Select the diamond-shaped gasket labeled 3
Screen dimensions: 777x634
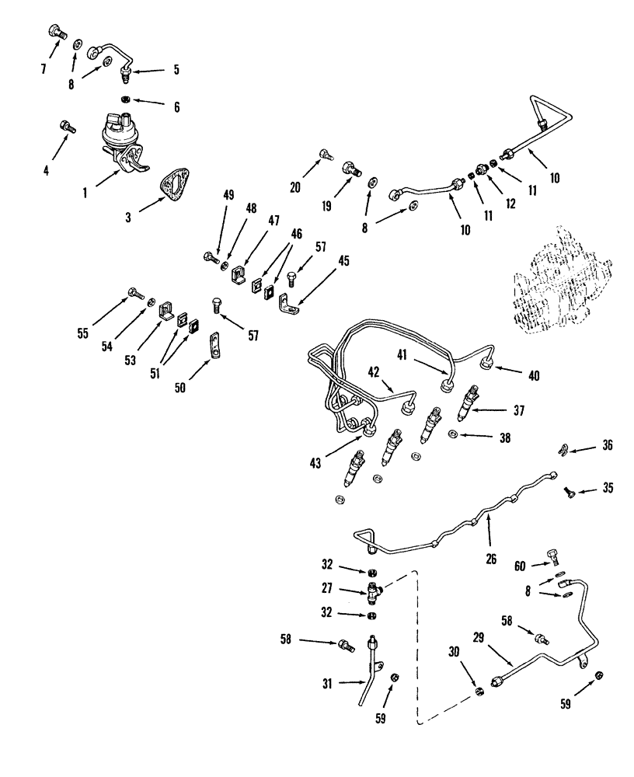coord(174,187)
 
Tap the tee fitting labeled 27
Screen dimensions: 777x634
coord(374,594)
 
